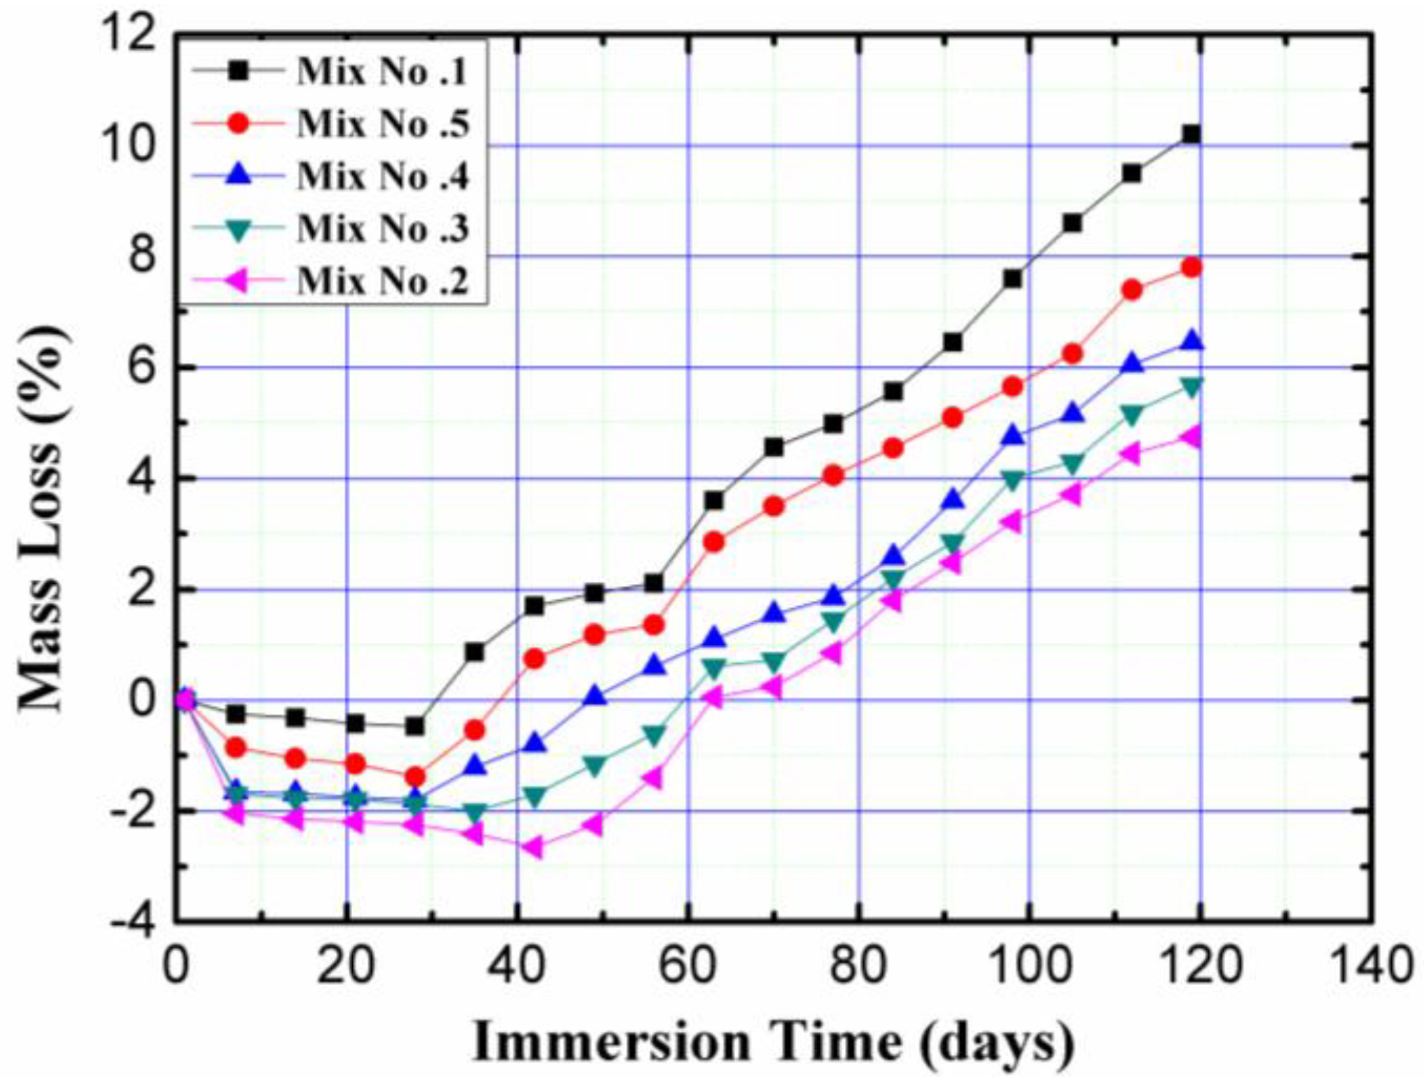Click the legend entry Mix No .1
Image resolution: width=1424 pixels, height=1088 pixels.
[x=382, y=71]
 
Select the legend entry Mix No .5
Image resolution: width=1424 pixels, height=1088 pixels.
[x=382, y=124]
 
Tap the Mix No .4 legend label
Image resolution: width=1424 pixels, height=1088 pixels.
[x=382, y=176]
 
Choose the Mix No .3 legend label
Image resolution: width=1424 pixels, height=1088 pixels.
[x=382, y=228]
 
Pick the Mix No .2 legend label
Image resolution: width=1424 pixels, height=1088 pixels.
[x=382, y=281]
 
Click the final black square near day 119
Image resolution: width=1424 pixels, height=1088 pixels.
[x=1191, y=134]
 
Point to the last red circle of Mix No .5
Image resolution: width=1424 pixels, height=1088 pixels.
[x=1191, y=267]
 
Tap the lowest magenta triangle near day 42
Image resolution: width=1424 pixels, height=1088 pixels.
[x=533, y=848]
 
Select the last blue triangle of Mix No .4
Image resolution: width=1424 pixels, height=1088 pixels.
[x=1192, y=342]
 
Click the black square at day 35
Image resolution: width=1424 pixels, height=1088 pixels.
[x=474, y=652]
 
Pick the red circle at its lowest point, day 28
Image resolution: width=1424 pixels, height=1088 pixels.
[x=415, y=776]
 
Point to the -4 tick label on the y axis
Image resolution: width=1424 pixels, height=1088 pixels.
[x=133, y=922]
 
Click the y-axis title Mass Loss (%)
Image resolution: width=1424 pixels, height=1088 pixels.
[x=43, y=518]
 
